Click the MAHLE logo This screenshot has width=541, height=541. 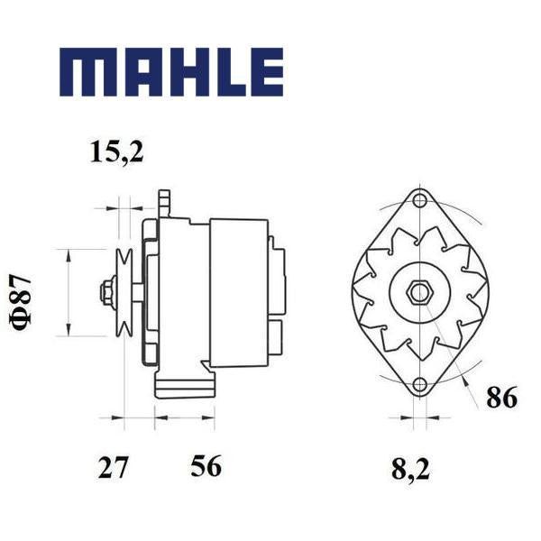pyautogui.click(x=171, y=72)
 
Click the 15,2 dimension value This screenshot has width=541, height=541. pyautogui.click(x=116, y=151)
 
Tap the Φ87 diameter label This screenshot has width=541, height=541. pyautogui.click(x=21, y=302)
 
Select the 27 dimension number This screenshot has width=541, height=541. pyautogui.click(x=114, y=467)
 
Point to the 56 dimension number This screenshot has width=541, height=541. pyautogui.click(x=206, y=465)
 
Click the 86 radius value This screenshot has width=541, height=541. pyautogui.click(x=501, y=397)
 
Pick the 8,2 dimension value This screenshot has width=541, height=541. pyautogui.click(x=410, y=469)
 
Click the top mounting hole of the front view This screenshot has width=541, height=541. pyautogui.click(x=419, y=200)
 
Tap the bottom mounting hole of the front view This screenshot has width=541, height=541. pyautogui.click(x=419, y=384)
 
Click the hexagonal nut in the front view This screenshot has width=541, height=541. pyautogui.click(x=419, y=293)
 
